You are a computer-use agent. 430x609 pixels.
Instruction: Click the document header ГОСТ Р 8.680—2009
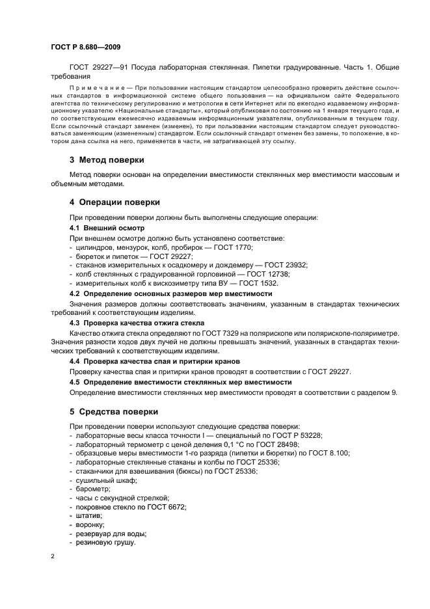[85, 48]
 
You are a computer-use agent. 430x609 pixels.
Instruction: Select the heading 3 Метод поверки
[107, 159]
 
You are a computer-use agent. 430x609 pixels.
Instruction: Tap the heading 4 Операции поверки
[115, 202]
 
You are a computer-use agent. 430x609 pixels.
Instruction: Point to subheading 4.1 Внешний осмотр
[107, 228]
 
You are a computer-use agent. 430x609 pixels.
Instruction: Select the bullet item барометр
[93, 489]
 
